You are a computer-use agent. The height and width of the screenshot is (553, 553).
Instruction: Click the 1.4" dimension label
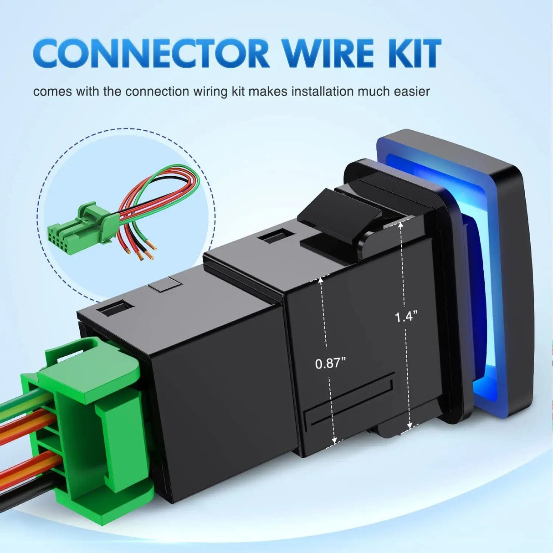coord(405,317)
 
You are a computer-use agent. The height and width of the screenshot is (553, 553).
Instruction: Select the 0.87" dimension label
coord(330,364)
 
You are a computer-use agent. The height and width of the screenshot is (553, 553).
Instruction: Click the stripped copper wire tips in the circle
coord(142,251)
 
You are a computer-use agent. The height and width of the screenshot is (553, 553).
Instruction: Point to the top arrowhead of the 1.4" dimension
coord(400,225)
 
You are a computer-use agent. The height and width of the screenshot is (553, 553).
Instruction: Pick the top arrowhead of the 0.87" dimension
coord(321,280)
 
